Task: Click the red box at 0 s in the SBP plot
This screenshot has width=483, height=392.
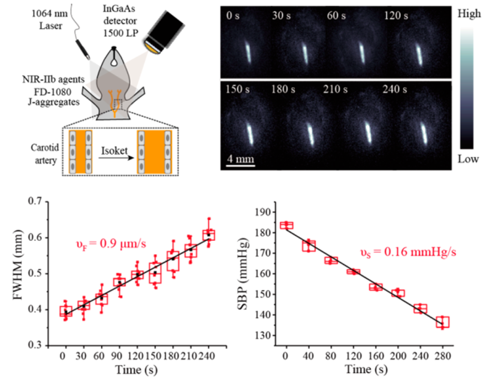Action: coord(286,225)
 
